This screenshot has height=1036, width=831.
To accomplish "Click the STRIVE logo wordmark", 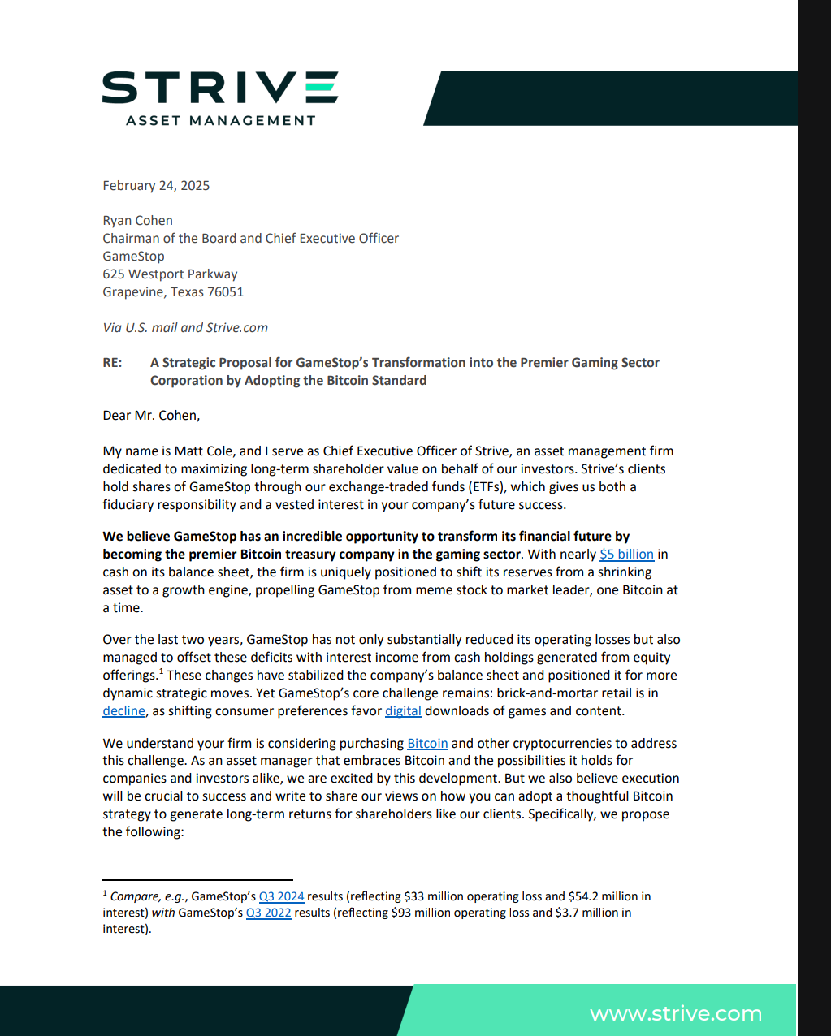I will click(x=219, y=87).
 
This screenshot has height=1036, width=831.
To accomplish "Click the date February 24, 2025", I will click(x=156, y=185).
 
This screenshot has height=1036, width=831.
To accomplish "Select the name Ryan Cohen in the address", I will click(x=137, y=220).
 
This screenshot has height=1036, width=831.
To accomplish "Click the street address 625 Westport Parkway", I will click(x=170, y=274).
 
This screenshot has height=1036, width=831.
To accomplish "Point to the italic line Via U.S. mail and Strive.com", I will click(x=185, y=327).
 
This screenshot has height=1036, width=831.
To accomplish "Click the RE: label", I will click(x=112, y=362).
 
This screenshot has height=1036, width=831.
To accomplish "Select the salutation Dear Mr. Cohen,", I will click(x=151, y=415).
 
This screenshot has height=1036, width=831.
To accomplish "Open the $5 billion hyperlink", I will click(x=626, y=554).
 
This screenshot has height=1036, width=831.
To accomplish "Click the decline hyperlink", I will click(x=123, y=710).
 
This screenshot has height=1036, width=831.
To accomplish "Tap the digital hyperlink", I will click(x=403, y=710).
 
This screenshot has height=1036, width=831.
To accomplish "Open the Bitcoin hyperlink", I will click(x=427, y=743).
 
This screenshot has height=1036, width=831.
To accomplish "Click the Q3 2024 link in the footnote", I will click(x=281, y=896).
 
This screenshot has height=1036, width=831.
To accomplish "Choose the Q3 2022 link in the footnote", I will click(x=268, y=913).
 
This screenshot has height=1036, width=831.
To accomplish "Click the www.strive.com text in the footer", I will click(x=676, y=1013).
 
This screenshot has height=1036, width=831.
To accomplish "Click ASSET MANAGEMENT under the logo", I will click(x=220, y=120).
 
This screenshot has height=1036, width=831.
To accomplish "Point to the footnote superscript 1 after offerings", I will click(x=161, y=671).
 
